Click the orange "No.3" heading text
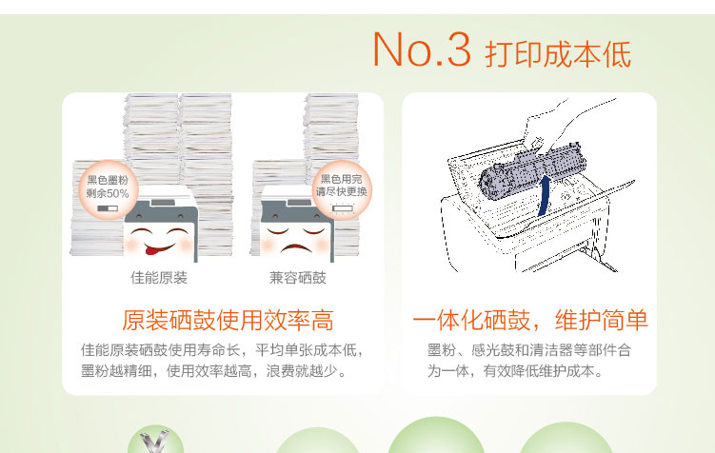coord(422,49)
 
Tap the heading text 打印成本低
coord(558,54)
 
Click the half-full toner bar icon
coord(108,208)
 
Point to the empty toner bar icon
coord(343,208)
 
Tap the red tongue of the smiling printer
coord(151,249)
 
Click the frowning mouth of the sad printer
coord(296,248)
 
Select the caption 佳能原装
coord(159,278)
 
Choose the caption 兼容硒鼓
coord(298,278)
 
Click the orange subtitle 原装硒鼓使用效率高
coord(228,320)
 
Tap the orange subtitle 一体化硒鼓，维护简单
coord(530,320)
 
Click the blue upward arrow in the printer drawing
coord(544,196)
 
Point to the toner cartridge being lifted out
coord(531,171)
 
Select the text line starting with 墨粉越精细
coord(213,371)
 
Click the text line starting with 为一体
coord(515,371)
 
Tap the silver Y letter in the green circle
coord(155,443)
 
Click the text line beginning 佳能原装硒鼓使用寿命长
coord(222,350)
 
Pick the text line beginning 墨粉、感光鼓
coord(529,350)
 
